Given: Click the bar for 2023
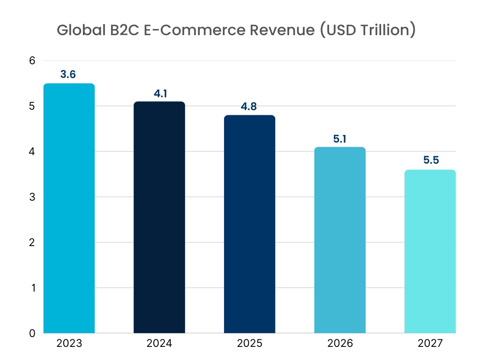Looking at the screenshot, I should [x=69, y=209].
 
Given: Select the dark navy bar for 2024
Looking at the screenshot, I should [x=159, y=217].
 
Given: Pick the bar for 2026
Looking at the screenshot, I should [x=340, y=240].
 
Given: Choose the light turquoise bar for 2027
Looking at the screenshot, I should [x=430, y=251].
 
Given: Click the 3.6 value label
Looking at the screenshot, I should [x=68, y=75].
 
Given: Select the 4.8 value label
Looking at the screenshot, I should [x=249, y=106].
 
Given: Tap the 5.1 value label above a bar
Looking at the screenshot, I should [x=339, y=139].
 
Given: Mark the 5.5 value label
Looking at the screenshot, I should [x=429, y=161].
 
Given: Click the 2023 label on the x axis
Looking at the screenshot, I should [x=69, y=344].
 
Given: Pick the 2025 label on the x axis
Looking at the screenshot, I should [x=249, y=344].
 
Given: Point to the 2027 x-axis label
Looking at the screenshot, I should [x=430, y=344].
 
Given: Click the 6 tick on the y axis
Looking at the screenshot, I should [x=32, y=60].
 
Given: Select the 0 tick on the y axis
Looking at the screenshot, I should [x=32, y=333].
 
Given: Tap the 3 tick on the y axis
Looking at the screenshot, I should [x=32, y=197].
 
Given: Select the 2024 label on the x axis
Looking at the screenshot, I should [x=159, y=344].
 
